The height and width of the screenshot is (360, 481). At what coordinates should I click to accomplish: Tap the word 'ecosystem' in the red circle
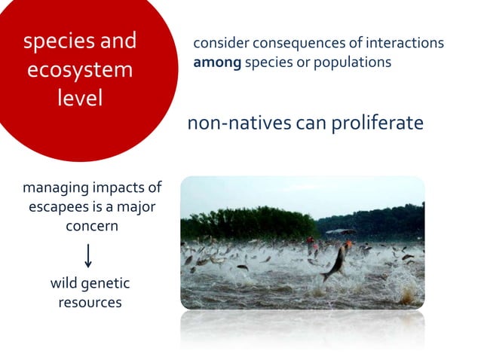80,70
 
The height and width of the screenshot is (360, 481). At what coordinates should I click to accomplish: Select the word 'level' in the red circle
80,98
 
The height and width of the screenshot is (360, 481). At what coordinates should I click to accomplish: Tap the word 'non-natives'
235,123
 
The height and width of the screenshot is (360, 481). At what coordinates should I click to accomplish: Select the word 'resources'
90,303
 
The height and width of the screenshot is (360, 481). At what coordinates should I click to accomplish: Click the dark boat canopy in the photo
341,232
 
